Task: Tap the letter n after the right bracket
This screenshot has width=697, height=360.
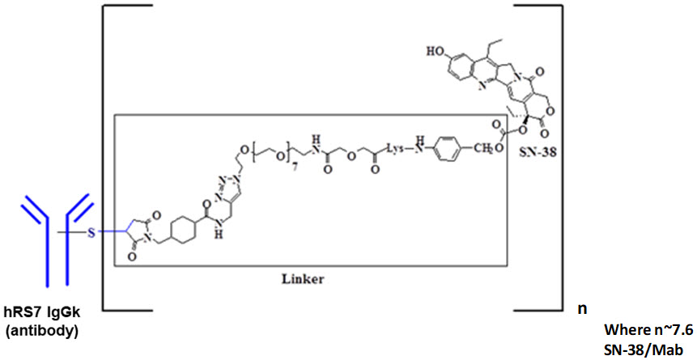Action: [x=580, y=308]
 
